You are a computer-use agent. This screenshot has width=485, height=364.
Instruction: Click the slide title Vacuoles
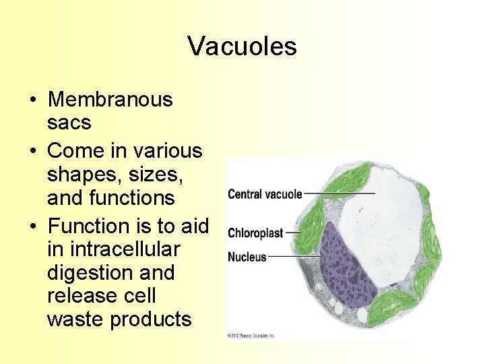click(x=242, y=46)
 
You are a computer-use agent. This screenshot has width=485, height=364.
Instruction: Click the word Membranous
click(x=110, y=100)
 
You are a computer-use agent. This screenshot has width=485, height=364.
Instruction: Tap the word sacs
click(x=69, y=123)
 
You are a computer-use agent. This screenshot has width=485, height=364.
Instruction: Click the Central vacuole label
click(x=265, y=194)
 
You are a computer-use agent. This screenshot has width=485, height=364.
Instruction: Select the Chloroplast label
click(x=255, y=233)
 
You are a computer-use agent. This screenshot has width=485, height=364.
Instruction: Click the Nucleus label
click(x=247, y=257)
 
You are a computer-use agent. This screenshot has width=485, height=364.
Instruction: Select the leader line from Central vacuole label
click(x=337, y=194)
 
